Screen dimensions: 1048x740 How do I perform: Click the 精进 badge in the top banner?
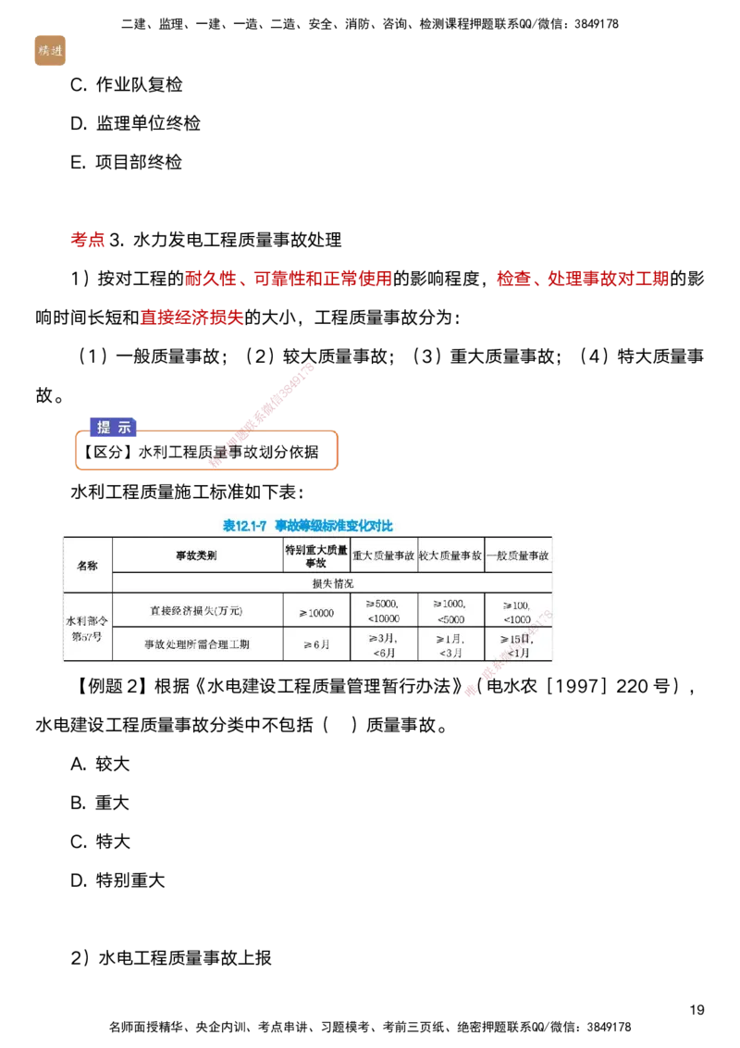click(49, 50)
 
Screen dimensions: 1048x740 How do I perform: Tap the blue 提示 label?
click(114, 427)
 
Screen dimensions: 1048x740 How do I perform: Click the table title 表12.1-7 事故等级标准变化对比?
click(308, 526)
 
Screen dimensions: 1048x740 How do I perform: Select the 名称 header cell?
click(87, 565)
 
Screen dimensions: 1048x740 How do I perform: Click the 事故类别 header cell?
click(197, 555)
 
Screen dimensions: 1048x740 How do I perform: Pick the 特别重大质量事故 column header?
click(316, 555)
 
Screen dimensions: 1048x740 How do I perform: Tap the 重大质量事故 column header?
click(384, 555)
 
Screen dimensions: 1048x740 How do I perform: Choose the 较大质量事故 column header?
click(450, 555)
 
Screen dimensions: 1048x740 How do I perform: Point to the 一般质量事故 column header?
click(518, 555)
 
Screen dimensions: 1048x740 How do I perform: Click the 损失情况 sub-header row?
click(333, 583)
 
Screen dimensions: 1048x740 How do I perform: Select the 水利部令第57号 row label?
click(87, 628)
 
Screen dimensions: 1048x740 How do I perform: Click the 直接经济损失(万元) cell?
click(197, 611)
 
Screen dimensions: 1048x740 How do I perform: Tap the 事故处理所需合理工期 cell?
click(197, 644)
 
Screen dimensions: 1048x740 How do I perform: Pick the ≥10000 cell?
click(316, 612)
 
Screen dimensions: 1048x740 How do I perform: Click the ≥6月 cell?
click(316, 644)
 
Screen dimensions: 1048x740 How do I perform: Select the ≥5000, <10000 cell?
click(384, 610)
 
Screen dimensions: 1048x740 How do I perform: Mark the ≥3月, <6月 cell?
click(384, 644)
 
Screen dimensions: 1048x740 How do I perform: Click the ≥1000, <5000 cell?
click(450, 610)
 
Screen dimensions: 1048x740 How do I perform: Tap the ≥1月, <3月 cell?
click(450, 644)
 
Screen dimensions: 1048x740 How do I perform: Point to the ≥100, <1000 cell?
click(518, 611)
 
